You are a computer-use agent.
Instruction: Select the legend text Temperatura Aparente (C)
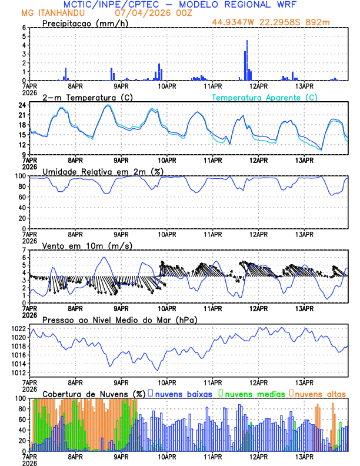[x=265, y=97]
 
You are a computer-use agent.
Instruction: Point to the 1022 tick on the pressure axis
[x=19, y=328]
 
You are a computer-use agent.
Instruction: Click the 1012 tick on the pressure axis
[x=19, y=372]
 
